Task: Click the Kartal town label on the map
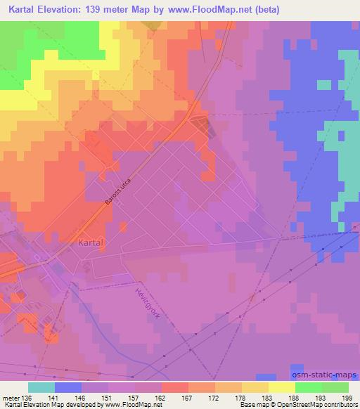coord(89,242)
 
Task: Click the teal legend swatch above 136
coord(41,387)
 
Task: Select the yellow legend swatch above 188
coord(282,387)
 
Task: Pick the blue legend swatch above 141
coord(68,387)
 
